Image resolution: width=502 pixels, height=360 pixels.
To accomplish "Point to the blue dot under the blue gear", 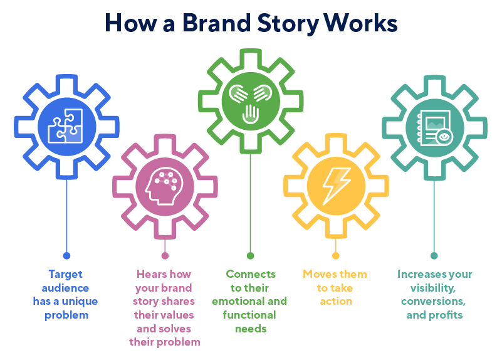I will [66, 255].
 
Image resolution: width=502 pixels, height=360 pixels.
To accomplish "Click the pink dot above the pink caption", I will [165, 255].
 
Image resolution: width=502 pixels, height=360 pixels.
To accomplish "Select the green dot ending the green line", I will [250, 255].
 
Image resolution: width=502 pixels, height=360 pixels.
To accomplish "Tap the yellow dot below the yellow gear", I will [336, 255].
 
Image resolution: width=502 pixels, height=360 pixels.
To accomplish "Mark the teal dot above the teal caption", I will [434, 255].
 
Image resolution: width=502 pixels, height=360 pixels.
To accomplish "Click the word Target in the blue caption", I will [65, 274].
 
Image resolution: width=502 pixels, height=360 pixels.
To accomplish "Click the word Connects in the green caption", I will [251, 274].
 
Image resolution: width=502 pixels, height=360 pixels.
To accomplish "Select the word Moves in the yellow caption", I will [318, 274].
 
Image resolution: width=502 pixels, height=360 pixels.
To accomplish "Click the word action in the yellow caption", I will [336, 301].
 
